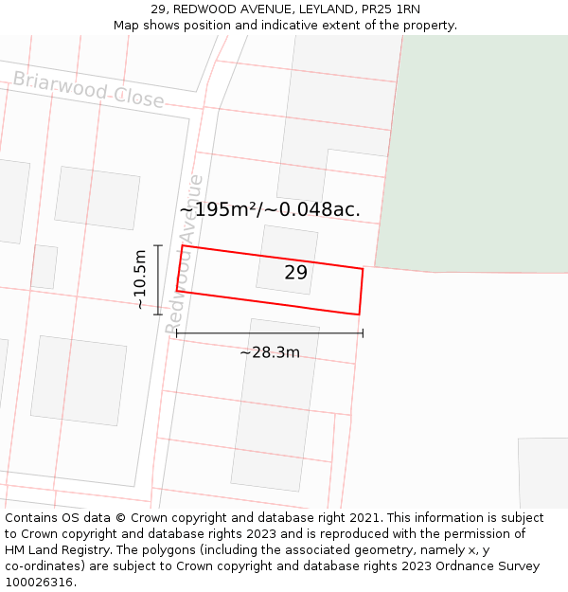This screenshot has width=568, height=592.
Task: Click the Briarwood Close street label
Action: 88,90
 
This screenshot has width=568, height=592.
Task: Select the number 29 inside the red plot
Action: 295,273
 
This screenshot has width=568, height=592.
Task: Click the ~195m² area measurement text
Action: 269,209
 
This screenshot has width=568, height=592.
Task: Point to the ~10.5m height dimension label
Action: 140,279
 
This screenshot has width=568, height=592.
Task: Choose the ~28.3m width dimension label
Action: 269,352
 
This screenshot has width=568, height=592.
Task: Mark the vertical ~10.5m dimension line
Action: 158,279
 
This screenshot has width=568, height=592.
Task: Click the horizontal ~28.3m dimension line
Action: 269,332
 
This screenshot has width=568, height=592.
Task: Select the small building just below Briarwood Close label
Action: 97,197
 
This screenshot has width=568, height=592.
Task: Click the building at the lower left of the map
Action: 79,380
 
